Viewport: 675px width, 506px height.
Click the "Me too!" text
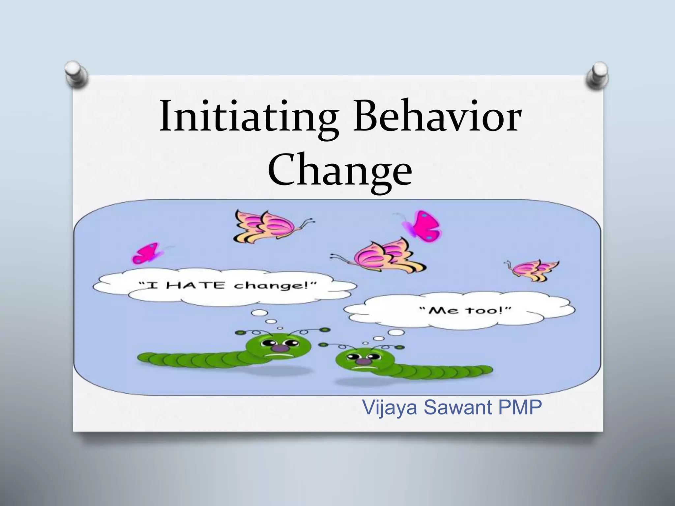465,310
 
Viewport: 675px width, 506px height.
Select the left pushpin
76,73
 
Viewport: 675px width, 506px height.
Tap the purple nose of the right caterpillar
363,361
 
